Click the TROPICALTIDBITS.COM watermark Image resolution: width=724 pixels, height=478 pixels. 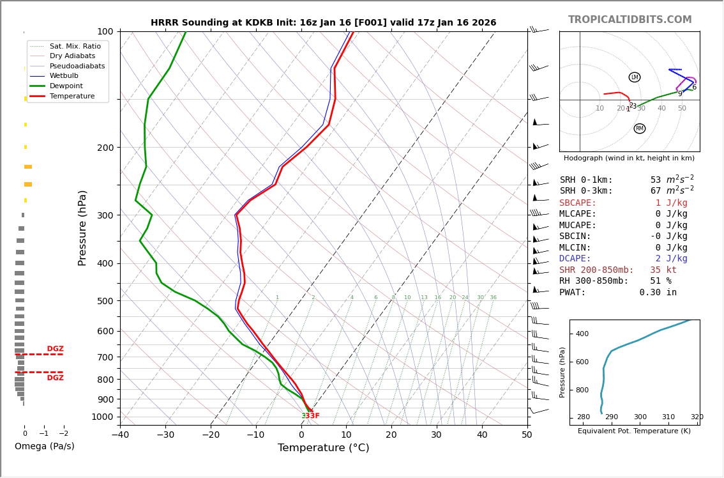point(630,20)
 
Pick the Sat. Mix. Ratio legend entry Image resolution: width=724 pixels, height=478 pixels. point(75,46)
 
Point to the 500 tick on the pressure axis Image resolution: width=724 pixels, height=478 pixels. point(105,301)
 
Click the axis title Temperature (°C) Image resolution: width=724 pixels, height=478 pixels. point(323,448)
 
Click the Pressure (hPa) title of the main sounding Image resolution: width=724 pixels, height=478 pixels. point(82,227)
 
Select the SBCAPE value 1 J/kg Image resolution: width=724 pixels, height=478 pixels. point(670,203)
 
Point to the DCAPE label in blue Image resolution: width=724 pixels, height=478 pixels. point(578,259)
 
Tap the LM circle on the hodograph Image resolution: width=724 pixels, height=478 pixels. point(634,77)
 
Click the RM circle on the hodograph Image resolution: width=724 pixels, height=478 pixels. point(639,128)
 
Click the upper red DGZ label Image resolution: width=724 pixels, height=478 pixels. point(55,349)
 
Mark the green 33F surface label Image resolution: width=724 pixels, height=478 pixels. point(306,416)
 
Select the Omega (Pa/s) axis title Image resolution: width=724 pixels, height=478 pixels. point(44,446)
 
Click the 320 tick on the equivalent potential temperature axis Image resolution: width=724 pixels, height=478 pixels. point(697,417)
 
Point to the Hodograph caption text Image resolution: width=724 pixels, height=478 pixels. point(629,158)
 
